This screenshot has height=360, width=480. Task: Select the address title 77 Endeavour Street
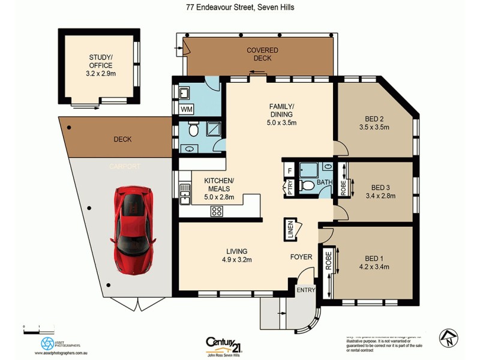pyautogui.click(x=239, y=8)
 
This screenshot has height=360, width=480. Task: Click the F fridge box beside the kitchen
pyautogui.click(x=290, y=170)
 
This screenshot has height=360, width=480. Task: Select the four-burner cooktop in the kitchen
pyautogui.click(x=217, y=211)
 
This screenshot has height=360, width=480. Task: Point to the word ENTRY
pyautogui.click(x=305, y=290)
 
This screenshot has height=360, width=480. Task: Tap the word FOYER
pyautogui.click(x=301, y=257)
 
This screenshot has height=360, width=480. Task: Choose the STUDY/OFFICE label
pyautogui.click(x=97, y=62)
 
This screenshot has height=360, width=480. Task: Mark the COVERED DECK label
pyautogui.click(x=259, y=54)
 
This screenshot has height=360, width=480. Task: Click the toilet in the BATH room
pyautogui.click(x=307, y=185)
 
